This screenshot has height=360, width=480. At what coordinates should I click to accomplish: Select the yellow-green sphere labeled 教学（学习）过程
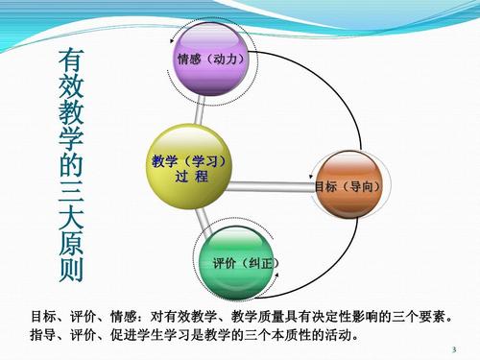click(188, 168)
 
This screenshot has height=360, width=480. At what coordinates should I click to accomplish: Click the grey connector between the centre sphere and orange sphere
click(274, 182)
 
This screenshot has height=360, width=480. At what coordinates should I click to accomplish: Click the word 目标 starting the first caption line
click(42, 315)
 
